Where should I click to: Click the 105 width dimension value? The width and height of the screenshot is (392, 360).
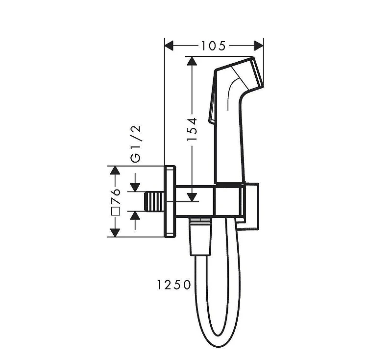[213, 46]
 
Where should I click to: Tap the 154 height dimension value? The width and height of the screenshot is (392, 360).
[193, 129]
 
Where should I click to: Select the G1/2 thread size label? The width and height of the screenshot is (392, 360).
[136, 144]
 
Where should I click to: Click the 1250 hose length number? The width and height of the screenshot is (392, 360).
[174, 285]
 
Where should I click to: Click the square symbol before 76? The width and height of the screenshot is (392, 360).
[116, 211]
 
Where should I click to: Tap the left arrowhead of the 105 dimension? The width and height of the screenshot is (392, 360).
[169, 46]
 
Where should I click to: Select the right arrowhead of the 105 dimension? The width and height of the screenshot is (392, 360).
[259, 46]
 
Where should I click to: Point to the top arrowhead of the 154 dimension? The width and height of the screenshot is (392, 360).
[192, 61]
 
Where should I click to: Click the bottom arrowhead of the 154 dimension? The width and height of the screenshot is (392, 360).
[192, 197]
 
